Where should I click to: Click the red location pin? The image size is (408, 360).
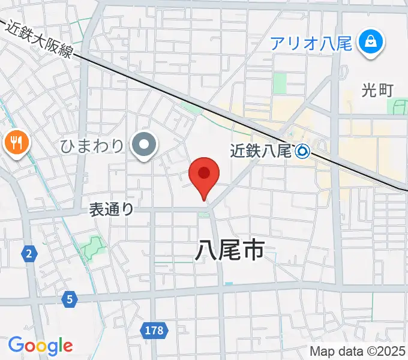click(x=204, y=175)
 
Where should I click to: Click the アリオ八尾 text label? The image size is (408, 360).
click(x=311, y=43)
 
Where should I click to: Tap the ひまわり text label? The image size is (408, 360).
click(x=92, y=145)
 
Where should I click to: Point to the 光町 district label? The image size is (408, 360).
click(x=377, y=90)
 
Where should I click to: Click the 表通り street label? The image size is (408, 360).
click(x=111, y=209)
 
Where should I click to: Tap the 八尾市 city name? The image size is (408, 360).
click(x=229, y=250)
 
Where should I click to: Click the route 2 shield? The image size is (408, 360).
click(x=28, y=254)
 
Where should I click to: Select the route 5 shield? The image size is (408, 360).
click(x=70, y=298)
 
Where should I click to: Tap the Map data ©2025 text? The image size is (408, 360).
click(x=358, y=351)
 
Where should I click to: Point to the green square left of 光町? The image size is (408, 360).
click(x=397, y=107)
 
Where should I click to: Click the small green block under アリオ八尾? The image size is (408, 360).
click(x=280, y=83)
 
